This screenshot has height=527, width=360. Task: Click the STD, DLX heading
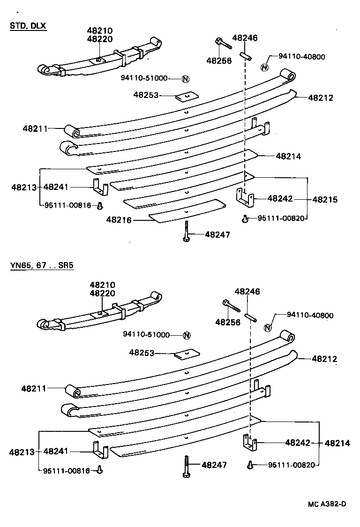click(x=28, y=26)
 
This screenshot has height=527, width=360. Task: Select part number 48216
click(x=119, y=219)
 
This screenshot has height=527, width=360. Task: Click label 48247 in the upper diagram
click(x=217, y=234)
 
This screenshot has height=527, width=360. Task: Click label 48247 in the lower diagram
click(x=214, y=465)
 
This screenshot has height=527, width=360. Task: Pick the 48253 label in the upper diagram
click(x=146, y=95)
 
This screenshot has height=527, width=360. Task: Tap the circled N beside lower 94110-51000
click(x=186, y=335)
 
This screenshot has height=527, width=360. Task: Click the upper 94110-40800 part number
click(x=301, y=57)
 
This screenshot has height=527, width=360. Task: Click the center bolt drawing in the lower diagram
click(x=186, y=466)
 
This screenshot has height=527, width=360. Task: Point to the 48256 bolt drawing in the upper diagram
click(x=224, y=45)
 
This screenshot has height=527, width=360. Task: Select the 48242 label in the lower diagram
click(x=298, y=442)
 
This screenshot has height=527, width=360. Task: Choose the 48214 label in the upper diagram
click(x=288, y=157)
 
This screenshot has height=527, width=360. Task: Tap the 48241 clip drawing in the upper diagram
click(x=100, y=186)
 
